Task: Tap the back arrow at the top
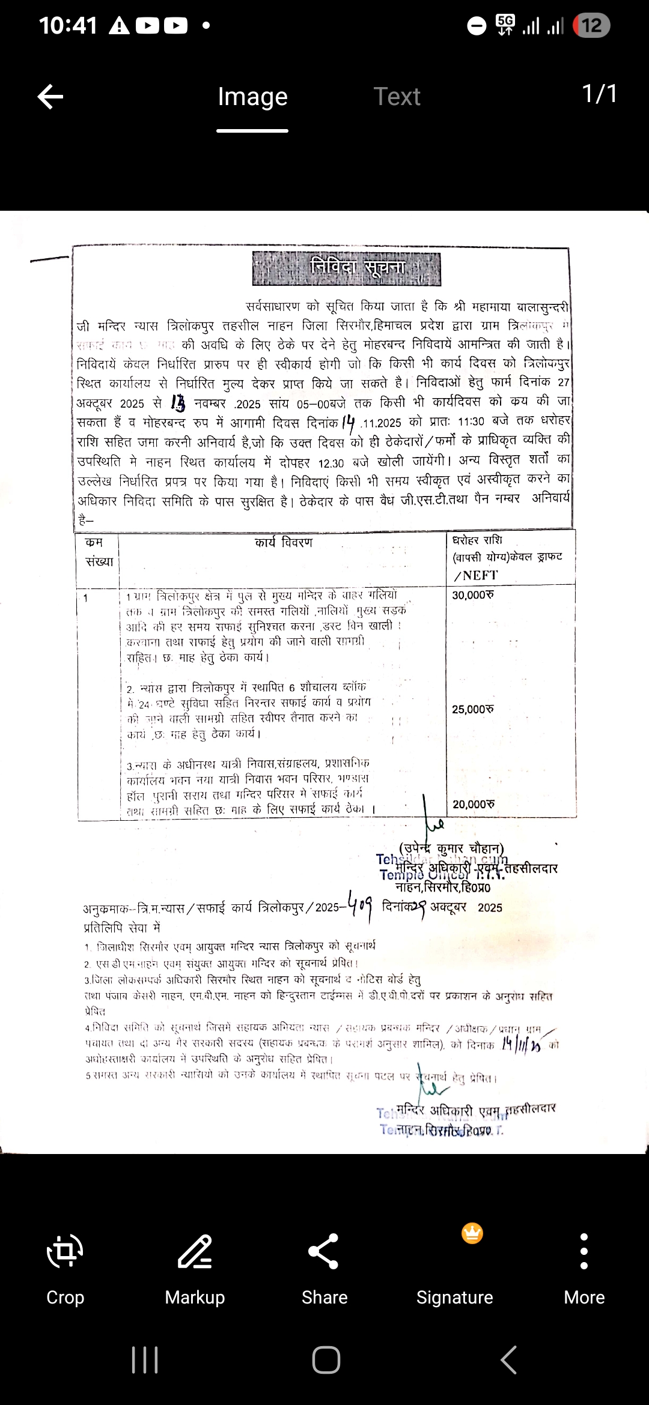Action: (x=50, y=97)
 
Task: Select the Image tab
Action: (x=252, y=97)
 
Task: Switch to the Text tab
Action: (x=397, y=97)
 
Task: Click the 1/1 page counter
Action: (x=599, y=94)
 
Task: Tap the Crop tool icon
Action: (x=65, y=1251)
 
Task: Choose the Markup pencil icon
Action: (x=195, y=1251)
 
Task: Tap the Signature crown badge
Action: (x=472, y=1233)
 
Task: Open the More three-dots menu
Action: (x=584, y=1251)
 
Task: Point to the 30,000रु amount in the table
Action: (x=473, y=595)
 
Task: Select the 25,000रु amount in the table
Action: (x=473, y=709)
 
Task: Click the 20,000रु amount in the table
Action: (x=473, y=804)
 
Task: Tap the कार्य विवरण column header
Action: (x=284, y=543)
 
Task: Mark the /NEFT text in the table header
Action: (x=476, y=575)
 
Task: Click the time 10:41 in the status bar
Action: (x=68, y=25)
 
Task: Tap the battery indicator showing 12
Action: (x=591, y=25)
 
